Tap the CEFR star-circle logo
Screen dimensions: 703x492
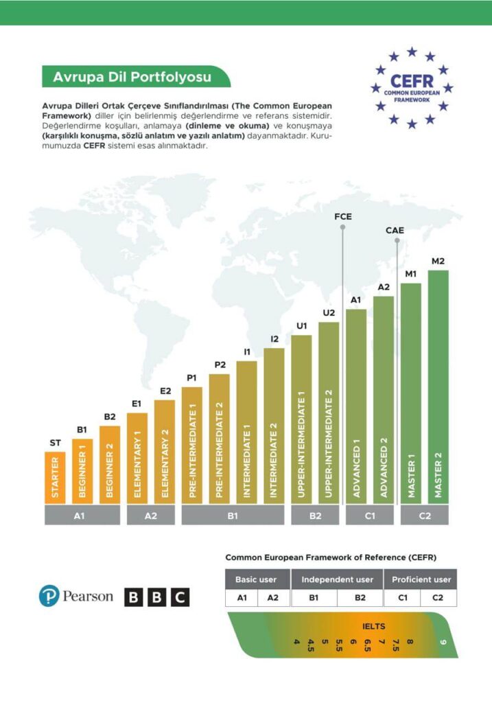coord(411,88)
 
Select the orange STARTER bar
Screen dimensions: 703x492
coord(55,477)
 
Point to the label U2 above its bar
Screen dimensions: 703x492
coord(329,313)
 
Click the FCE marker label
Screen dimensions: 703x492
coord(342,217)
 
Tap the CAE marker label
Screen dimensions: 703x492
coord(395,231)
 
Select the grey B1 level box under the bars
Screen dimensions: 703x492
coord(233,516)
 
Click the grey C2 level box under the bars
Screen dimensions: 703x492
coord(425,516)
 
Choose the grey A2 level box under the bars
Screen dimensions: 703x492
coord(150,516)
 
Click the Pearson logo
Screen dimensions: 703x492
coord(76,596)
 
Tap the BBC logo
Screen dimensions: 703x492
coord(156,597)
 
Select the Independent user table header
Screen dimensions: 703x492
coord(337,579)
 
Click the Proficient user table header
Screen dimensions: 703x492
coord(421,579)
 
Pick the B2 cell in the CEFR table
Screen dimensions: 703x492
coord(360,598)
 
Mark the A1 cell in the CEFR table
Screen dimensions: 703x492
coord(242,598)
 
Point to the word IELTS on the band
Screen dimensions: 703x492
coord(374,626)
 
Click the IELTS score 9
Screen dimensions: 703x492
coord(443,643)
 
